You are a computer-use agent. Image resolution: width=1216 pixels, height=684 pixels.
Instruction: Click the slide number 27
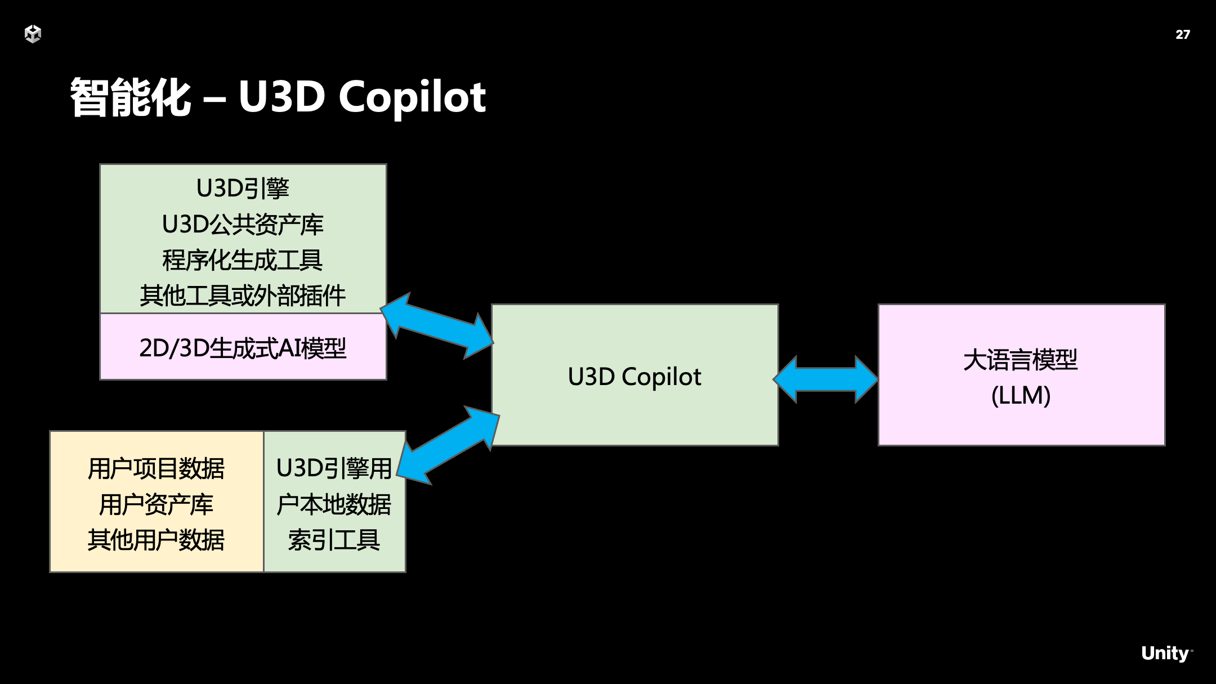click(1182, 34)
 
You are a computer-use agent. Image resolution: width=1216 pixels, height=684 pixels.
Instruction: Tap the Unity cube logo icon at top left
click(33, 34)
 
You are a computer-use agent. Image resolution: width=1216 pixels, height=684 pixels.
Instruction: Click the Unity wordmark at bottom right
click(1165, 653)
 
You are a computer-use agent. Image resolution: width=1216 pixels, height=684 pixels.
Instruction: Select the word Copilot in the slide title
click(412, 97)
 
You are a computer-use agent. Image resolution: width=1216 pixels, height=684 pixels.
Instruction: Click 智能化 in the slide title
click(131, 97)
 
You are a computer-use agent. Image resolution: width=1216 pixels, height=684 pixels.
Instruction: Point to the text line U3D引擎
click(243, 189)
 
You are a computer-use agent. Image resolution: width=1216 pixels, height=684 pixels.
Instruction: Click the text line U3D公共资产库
click(243, 225)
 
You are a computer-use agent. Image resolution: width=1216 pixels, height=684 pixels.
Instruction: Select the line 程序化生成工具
click(243, 260)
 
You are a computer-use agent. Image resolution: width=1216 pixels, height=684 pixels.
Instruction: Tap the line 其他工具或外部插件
click(243, 296)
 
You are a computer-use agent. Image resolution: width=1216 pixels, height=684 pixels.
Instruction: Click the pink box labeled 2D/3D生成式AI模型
click(243, 348)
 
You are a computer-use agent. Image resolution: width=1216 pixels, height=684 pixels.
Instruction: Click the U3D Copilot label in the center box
click(634, 377)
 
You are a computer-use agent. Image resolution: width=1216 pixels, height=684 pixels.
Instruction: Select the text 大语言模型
click(1021, 360)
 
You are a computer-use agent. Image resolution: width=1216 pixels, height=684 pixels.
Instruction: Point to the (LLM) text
click(1021, 395)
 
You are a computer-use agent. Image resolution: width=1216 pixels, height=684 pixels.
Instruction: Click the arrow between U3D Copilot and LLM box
click(826, 379)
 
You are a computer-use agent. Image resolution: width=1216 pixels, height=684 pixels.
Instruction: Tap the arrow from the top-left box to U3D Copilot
click(437, 326)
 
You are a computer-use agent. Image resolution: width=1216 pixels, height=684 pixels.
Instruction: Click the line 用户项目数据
click(156, 468)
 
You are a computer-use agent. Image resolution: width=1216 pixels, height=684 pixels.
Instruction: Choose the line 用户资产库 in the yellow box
click(156, 504)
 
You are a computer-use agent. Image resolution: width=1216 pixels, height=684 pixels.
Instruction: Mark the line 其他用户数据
click(156, 540)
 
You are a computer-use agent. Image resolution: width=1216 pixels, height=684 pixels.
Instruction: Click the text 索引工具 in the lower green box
click(334, 540)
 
